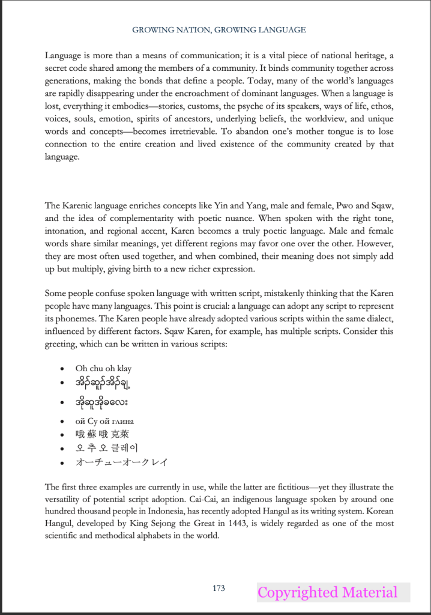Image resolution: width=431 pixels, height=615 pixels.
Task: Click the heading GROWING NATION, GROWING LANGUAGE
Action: pos(219,29)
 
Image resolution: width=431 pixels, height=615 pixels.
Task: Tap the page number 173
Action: pos(219,588)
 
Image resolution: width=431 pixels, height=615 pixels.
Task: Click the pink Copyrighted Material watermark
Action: pos(327,593)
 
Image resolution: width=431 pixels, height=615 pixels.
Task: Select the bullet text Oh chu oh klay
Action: pos(103,368)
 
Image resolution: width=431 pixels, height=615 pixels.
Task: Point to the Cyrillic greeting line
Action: pos(104,420)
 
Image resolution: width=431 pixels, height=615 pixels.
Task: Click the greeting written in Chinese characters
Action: pos(102,434)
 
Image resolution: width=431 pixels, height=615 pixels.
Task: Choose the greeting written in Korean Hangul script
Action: pos(107,448)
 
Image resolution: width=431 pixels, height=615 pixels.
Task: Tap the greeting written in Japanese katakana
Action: pos(121,462)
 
